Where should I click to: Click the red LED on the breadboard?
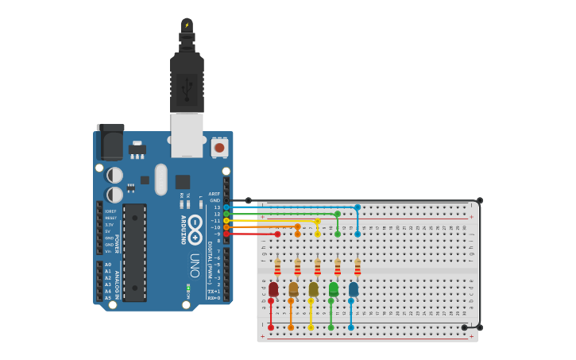[273, 289]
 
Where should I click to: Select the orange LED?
[293, 289]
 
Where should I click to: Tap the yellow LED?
[313, 289]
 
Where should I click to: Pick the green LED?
[334, 289]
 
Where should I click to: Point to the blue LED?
[354, 289]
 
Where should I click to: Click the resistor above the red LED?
[277, 266]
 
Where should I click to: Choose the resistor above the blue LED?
[358, 266]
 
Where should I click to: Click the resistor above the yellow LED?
[318, 266]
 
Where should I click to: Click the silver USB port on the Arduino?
[187, 135]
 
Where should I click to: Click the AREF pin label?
[215, 194]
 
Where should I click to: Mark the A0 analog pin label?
[108, 265]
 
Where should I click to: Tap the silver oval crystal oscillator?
[161, 179]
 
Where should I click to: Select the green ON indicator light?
[188, 286]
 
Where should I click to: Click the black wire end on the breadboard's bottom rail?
[465, 327]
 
